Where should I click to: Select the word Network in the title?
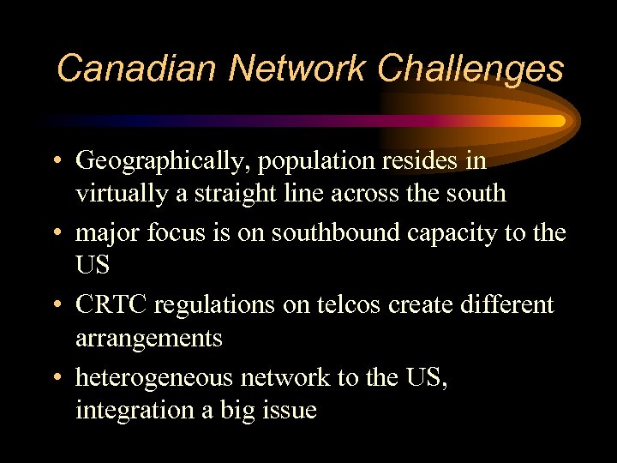pyautogui.click(x=288, y=68)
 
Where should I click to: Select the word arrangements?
pyautogui.click(x=148, y=338)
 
